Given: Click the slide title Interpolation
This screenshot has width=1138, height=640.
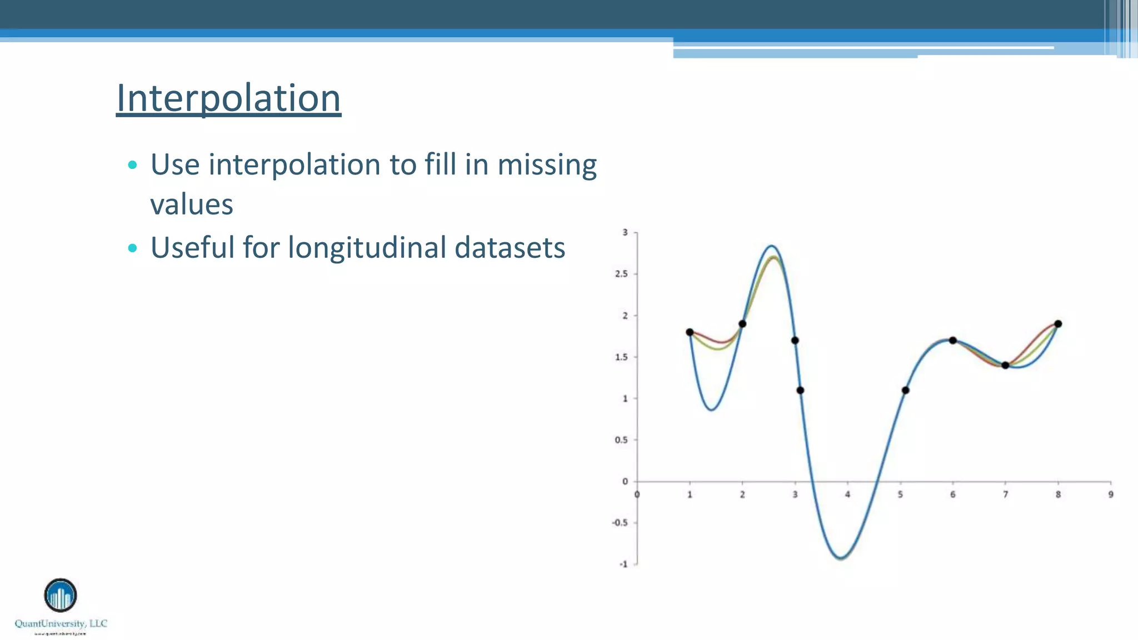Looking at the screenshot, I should pos(228,98).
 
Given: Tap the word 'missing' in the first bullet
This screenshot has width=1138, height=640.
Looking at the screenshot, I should pos(547,165).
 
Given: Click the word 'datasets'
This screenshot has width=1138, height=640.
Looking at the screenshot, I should pos(510,248).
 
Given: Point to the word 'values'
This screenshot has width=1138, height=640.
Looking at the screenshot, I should pos(192,204).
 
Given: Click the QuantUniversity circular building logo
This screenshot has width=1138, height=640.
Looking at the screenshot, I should pos(61,596).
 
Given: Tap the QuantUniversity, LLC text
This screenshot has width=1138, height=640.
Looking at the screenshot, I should pos(61,623).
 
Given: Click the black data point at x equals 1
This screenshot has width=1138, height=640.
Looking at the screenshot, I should pos(690,332).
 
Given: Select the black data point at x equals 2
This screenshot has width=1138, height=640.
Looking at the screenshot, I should pos(742,324).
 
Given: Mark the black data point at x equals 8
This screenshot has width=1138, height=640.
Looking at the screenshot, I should pos(1058,324).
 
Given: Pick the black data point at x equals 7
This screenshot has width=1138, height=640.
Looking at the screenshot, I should pos(1005,365).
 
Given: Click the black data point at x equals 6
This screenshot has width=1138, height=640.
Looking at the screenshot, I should pos(952,341).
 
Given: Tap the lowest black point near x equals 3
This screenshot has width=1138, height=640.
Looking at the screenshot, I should pos(800,390).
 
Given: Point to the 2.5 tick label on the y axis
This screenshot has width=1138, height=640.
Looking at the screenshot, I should pos(621,274).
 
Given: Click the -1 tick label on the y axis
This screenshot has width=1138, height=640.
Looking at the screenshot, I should pos(623,564).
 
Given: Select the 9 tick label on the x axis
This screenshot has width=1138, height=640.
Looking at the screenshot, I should pos(1111,494).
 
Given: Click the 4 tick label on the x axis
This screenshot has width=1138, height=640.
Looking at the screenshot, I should pos(847,494).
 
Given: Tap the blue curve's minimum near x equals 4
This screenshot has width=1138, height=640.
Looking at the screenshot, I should pos(841,558).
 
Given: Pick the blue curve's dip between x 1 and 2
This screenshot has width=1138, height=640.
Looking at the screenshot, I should pos(712,410).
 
